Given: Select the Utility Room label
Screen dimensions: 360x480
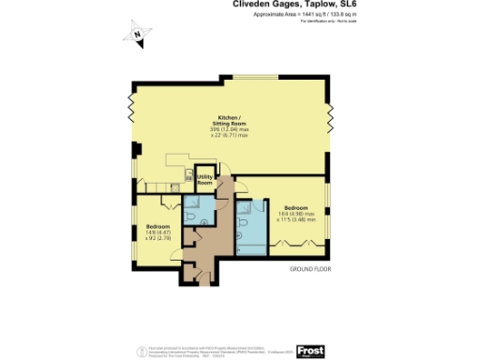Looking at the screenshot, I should [204, 180].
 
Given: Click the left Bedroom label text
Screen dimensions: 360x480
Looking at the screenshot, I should [157, 232].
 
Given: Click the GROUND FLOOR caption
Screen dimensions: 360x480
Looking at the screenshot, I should [309, 268].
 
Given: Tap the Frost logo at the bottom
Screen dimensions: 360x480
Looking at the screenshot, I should [310, 351].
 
